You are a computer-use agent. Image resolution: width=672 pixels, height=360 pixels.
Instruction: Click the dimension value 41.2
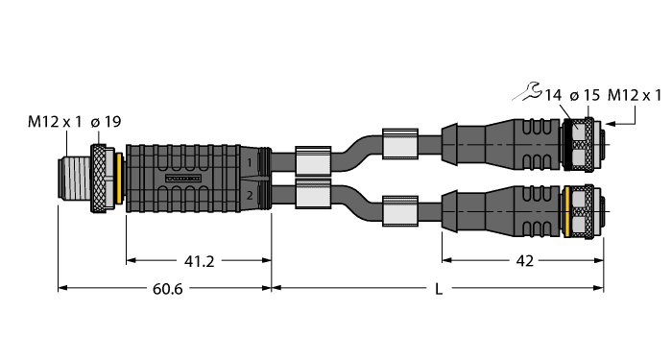click(200, 259)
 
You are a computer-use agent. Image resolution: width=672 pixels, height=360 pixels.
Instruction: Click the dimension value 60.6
click(165, 290)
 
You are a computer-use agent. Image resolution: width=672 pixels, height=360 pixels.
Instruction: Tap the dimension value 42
click(522, 259)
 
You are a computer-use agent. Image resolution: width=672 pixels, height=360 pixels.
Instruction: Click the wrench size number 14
click(553, 95)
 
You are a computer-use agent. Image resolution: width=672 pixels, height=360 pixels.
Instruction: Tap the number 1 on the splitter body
click(251, 165)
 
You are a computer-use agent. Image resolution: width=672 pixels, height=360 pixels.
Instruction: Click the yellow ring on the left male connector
click(117, 180)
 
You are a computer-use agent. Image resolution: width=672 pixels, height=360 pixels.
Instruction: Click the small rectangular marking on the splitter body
click(184, 180)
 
